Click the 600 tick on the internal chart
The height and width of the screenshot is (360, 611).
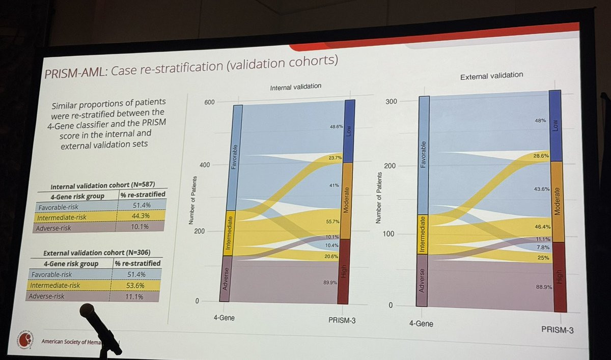pos(209,102)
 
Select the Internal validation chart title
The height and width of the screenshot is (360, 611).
pos(295,87)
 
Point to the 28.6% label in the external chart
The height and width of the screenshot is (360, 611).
pos(540,156)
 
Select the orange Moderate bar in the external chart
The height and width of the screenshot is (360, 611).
pos(556,201)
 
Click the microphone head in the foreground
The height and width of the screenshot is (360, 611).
pos(88,311)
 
